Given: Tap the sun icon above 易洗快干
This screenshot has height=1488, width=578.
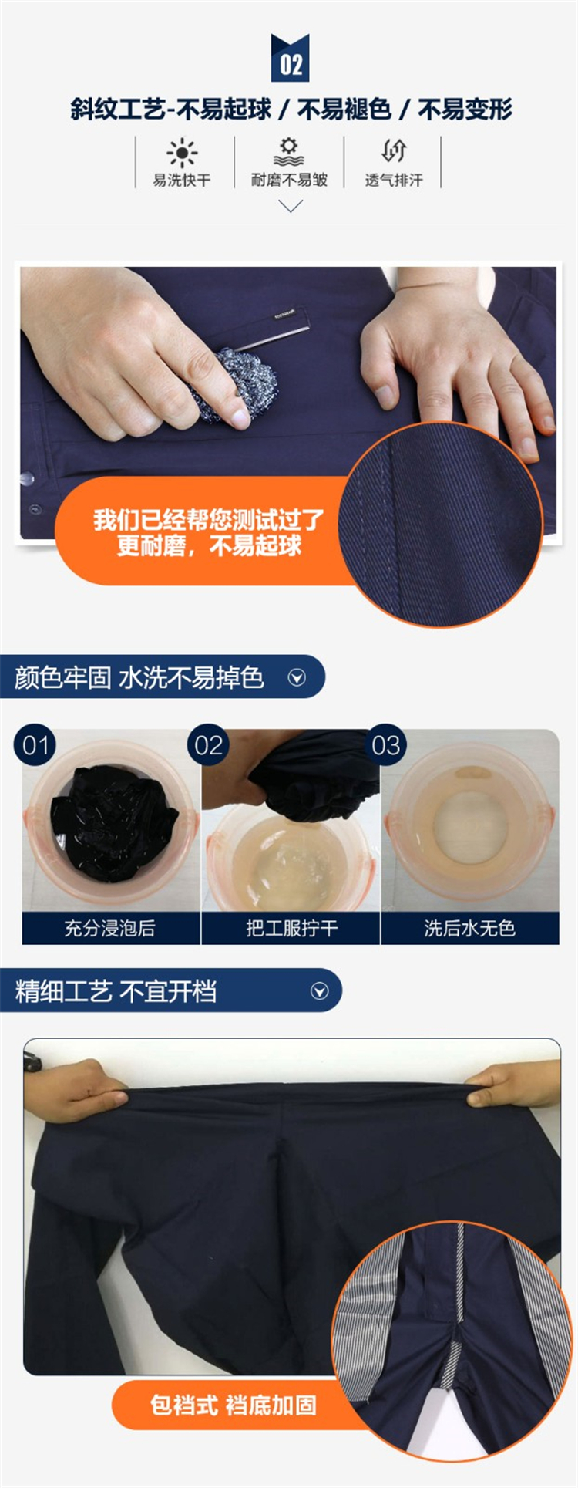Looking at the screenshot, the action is pyautogui.click(x=182, y=153).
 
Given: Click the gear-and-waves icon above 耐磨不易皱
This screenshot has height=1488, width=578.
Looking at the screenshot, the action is pyautogui.click(x=289, y=152).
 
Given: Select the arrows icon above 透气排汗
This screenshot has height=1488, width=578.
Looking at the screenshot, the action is pyautogui.click(x=394, y=151).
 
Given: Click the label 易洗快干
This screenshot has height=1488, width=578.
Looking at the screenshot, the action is pyautogui.click(x=182, y=181).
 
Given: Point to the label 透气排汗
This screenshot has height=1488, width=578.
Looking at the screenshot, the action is pyautogui.click(x=394, y=181).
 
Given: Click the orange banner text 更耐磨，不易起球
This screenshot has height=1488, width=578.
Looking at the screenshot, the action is pyautogui.click(x=209, y=546).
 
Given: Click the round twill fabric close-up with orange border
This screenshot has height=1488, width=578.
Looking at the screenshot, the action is pyautogui.click(x=441, y=525).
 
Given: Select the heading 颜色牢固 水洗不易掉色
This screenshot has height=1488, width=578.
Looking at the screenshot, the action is pyautogui.click(x=139, y=678).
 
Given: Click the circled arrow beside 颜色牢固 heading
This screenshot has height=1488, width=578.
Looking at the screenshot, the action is pyautogui.click(x=297, y=678).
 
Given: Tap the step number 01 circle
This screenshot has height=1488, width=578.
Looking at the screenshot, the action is pyautogui.click(x=35, y=745).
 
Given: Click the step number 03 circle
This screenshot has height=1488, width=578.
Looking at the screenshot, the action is pyautogui.click(x=385, y=745).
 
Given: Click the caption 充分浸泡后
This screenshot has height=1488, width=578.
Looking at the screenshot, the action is pyautogui.click(x=109, y=928).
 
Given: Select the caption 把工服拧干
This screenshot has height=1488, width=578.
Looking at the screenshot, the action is pyautogui.click(x=291, y=928).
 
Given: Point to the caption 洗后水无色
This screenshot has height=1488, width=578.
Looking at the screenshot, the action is pyautogui.click(x=469, y=928).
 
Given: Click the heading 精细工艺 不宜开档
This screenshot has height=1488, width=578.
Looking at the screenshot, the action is pyautogui.click(x=116, y=991).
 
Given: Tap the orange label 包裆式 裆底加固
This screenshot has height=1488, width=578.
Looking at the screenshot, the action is pyautogui.click(x=234, y=1405).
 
